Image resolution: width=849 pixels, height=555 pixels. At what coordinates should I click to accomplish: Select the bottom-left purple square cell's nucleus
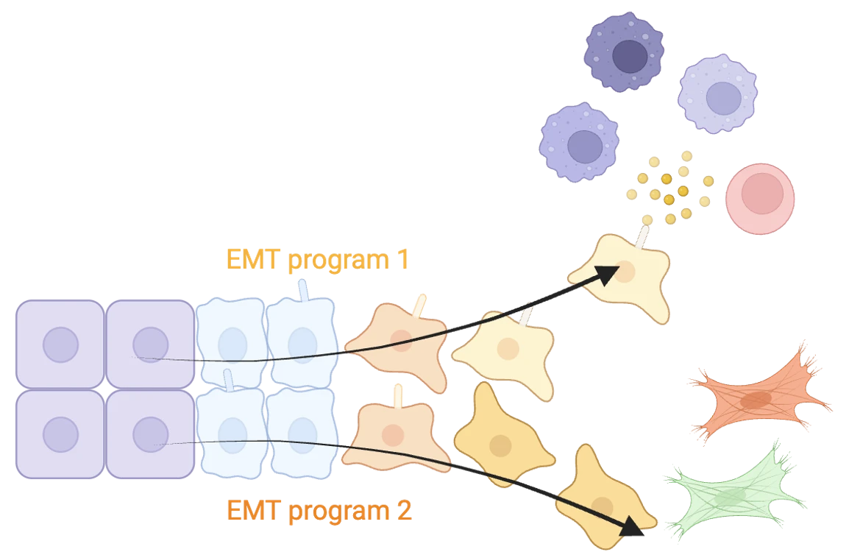pos(60,434)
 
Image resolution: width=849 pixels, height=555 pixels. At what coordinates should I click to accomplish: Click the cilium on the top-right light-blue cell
pos(302,290)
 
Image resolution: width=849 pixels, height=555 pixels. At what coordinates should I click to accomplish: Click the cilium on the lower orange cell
pos(398,396)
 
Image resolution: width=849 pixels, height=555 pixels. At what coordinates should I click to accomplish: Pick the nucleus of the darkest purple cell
pos(629,56)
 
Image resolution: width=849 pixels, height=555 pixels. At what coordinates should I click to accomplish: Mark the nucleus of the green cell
pos(730,498)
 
